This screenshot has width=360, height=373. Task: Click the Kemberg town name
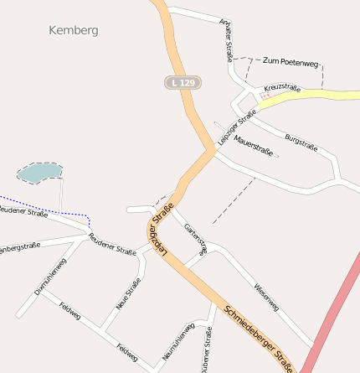pos(74,30)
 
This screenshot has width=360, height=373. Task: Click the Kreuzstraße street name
pos(282,87)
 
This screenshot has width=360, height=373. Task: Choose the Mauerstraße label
pos(254,145)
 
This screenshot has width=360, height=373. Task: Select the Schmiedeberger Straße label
pos(259,338)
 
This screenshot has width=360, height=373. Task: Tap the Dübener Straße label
pos(208,350)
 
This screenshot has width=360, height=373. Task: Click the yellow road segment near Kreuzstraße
pos(327,94)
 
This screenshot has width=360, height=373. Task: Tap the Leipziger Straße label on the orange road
pos(161,227)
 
